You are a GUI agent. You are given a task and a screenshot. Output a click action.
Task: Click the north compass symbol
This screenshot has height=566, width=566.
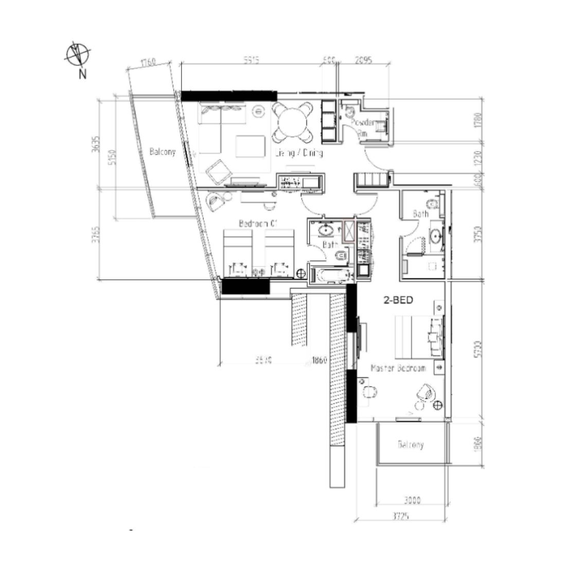pos(78,55)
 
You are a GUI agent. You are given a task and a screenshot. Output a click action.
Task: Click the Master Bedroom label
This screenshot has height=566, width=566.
pos(398,368)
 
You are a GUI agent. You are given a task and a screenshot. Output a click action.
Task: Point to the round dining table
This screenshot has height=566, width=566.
pos(292,122)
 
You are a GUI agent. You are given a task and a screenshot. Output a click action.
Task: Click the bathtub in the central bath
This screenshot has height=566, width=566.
pos(330,275)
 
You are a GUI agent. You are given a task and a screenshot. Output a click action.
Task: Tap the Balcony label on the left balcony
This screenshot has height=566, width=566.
pos(163,152)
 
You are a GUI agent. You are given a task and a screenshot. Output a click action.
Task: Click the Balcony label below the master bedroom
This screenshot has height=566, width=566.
pos(411,445)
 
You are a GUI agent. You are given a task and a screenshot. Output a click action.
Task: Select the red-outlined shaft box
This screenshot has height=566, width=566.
pos(349,231)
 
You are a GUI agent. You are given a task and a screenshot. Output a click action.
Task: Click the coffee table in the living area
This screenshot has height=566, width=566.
pos(251,146)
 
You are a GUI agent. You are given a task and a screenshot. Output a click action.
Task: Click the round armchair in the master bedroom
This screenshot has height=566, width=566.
pos(427,393)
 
